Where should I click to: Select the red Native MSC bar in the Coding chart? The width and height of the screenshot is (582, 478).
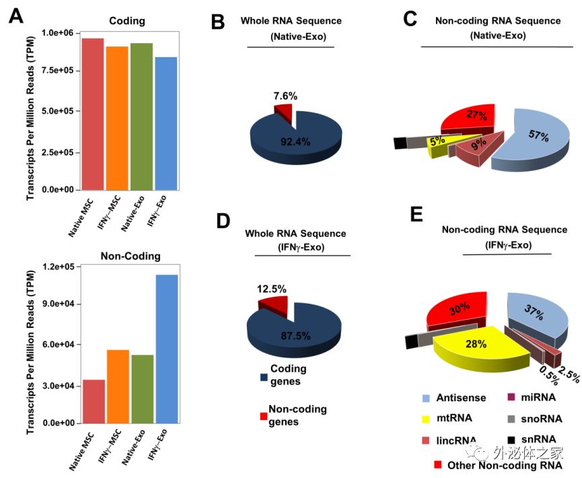click(x=93, y=114)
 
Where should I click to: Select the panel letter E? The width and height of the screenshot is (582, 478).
click(x=416, y=215)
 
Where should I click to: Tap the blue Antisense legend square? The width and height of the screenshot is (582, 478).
click(x=427, y=399)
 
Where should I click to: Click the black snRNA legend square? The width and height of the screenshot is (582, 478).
click(x=511, y=440)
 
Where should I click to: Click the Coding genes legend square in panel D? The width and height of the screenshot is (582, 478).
click(x=264, y=376)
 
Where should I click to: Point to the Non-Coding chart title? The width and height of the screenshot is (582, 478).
click(x=131, y=256)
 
